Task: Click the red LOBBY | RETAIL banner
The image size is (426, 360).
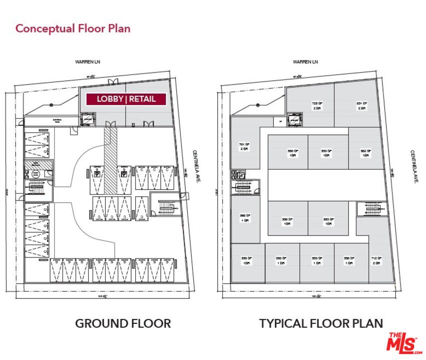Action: pyautogui.click(x=126, y=99)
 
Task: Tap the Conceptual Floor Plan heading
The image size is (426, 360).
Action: pyautogui.click(x=73, y=28)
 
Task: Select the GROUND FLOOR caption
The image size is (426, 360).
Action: pyautogui.click(x=123, y=323)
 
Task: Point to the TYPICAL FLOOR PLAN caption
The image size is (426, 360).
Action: pyautogui.click(x=321, y=323)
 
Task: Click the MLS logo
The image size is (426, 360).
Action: pyautogui.click(x=401, y=343)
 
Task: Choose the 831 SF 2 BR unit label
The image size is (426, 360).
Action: pyautogui.click(x=361, y=105)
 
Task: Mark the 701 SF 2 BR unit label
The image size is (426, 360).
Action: pyautogui.click(x=244, y=146)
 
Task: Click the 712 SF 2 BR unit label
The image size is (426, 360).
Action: pyautogui.click(x=376, y=260)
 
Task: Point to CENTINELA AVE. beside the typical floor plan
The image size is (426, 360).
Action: pyautogui.click(x=414, y=167)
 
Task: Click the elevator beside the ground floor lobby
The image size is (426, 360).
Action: pyautogui.click(x=88, y=119)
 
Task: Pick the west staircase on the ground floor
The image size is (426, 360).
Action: pyautogui.click(x=37, y=189)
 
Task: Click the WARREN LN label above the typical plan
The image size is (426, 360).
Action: pyautogui.click(x=305, y=62)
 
